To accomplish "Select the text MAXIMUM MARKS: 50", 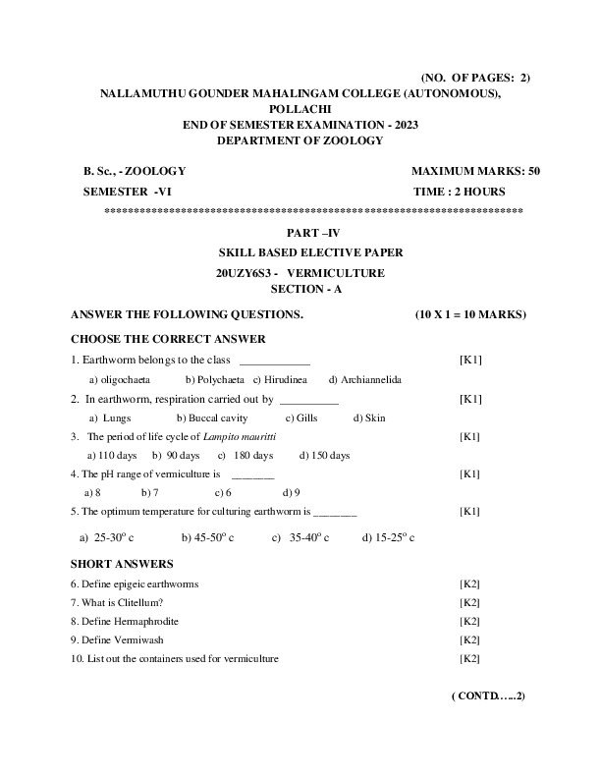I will [x=475, y=171].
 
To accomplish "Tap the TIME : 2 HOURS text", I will [x=460, y=192].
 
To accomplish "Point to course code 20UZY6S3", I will [x=246, y=272].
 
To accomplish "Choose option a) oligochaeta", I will [x=121, y=379].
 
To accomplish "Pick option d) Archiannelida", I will [x=365, y=379].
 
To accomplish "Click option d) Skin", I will [x=369, y=417].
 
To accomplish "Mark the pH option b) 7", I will [x=150, y=492].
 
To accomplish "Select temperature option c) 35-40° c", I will [x=300, y=537].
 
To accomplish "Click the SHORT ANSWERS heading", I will [x=122, y=564].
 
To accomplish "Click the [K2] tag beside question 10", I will [x=469, y=658].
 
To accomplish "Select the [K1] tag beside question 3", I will [x=470, y=436].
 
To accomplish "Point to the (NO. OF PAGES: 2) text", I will [x=475, y=77].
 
